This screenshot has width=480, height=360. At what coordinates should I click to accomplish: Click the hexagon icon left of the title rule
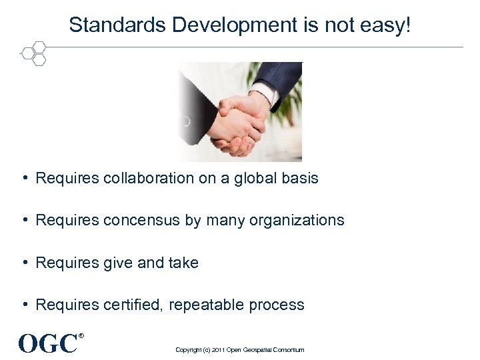(x=33, y=53)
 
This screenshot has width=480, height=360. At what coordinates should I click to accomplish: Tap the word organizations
(x=297, y=221)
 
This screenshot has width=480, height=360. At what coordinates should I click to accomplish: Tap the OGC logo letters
(x=48, y=344)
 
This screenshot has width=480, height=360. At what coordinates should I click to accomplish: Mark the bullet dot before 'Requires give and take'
(x=24, y=263)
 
